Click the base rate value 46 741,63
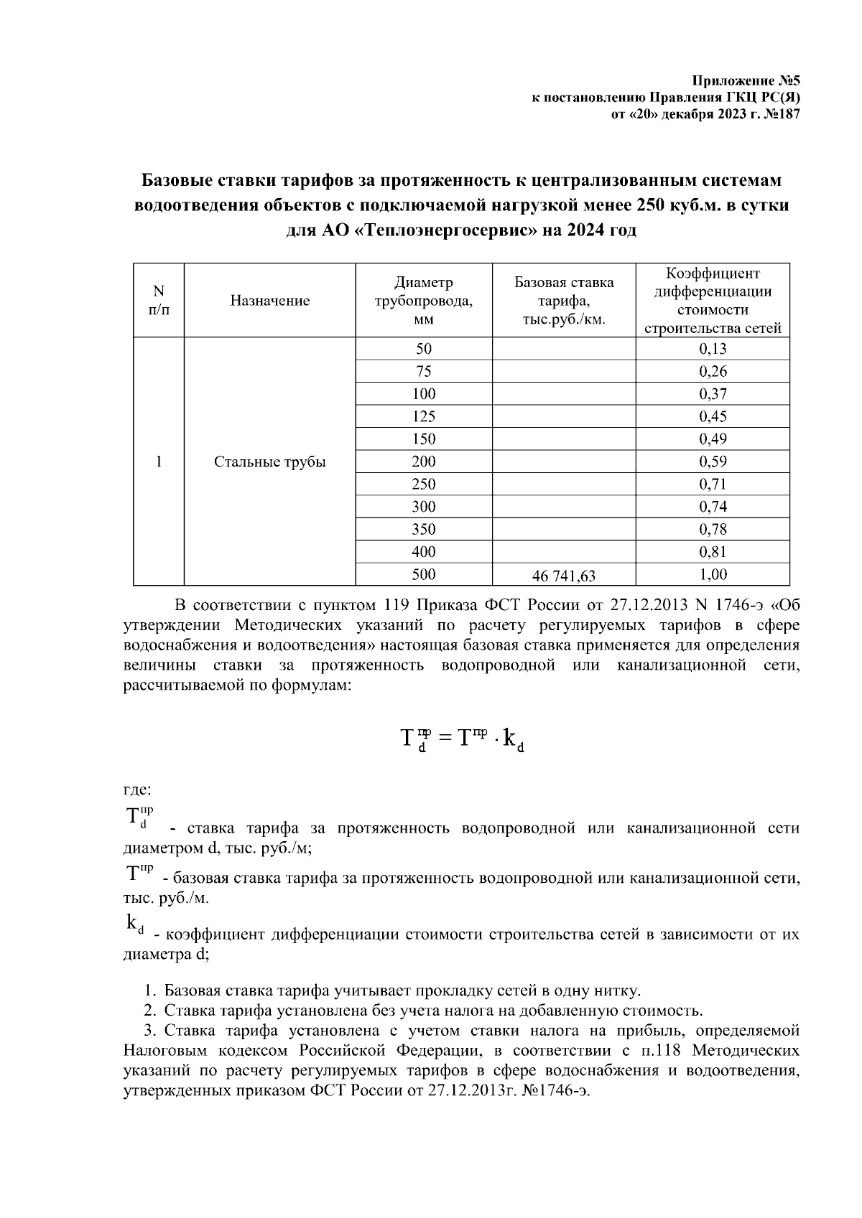[x=564, y=576]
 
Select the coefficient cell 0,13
[x=713, y=350]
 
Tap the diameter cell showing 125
[x=424, y=417]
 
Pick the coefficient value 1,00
[x=713, y=574]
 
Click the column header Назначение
[x=270, y=301]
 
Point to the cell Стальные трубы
[x=270, y=462]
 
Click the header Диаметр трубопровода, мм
[x=424, y=301]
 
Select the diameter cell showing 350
[x=424, y=530]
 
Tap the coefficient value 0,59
[x=713, y=462]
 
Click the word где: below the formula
[x=137, y=790]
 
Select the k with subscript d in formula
[x=512, y=739]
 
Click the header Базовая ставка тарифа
[x=564, y=301]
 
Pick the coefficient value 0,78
[x=713, y=530]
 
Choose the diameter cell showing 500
[x=424, y=574]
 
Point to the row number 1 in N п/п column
[x=159, y=462]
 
